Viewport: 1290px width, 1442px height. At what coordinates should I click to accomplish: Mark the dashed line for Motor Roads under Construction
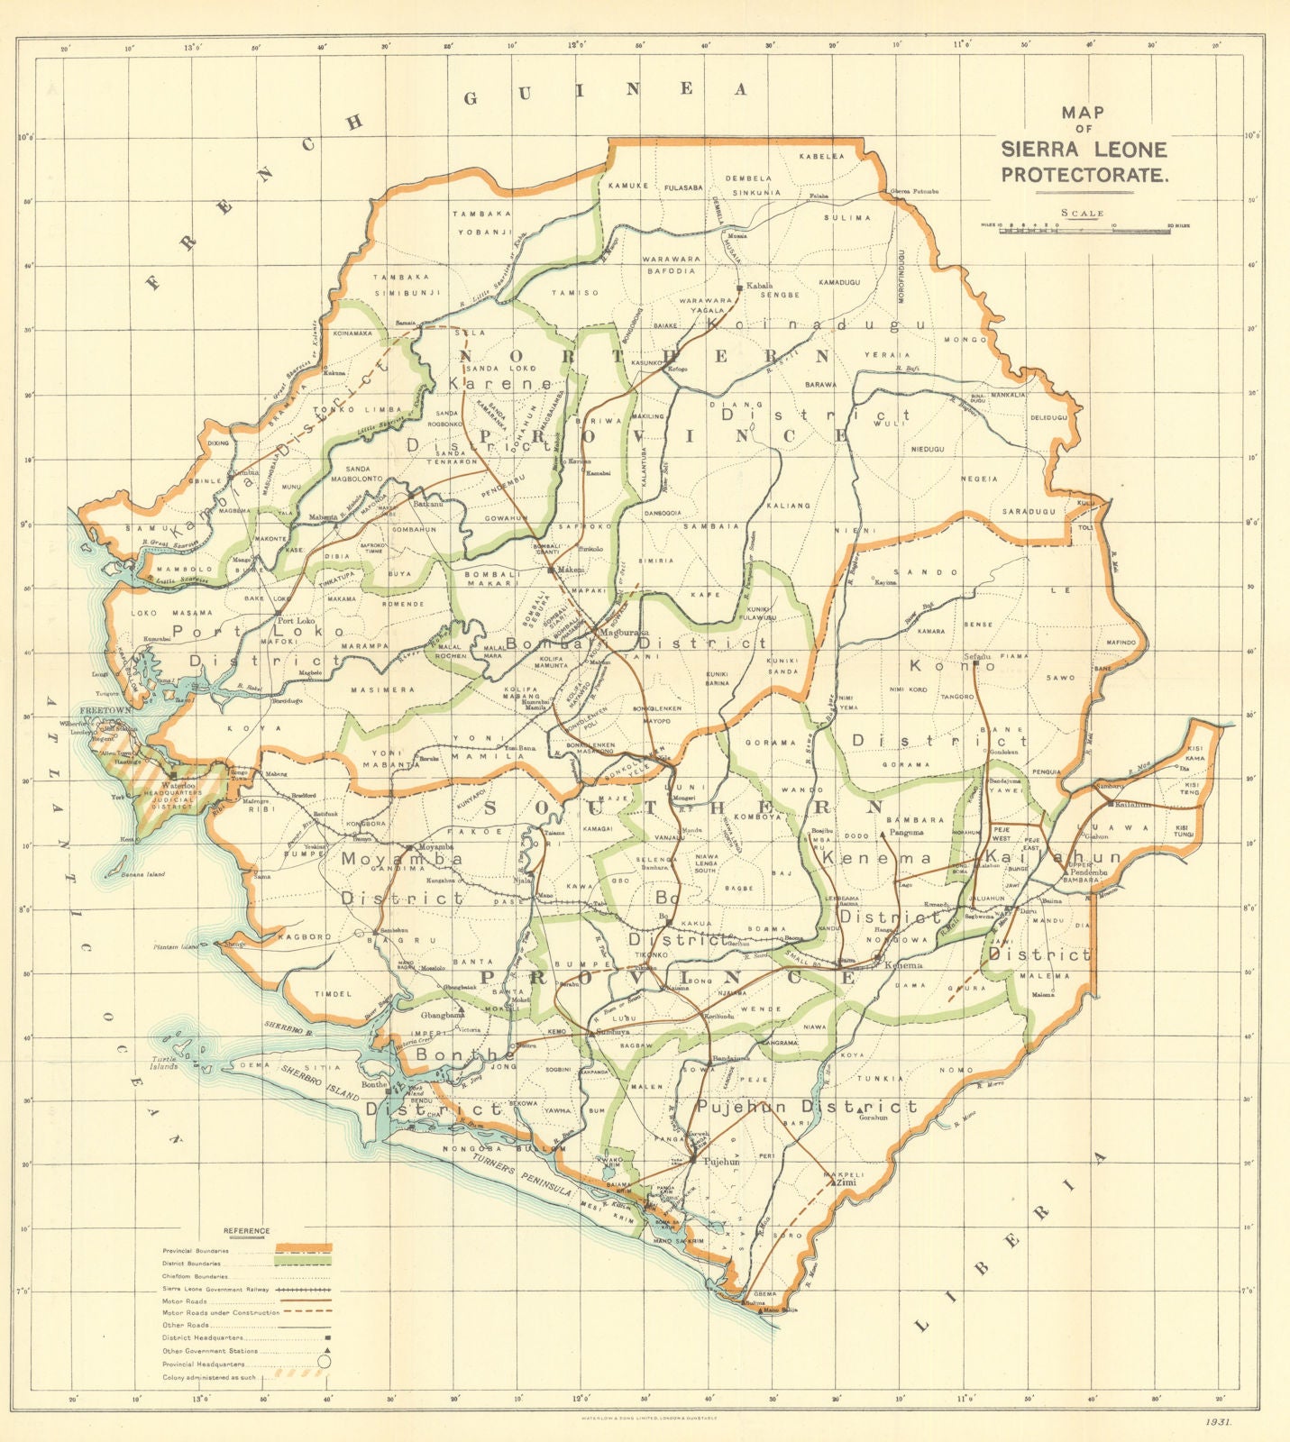pos(306,1311)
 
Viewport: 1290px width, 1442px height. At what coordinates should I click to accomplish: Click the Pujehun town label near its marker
pos(721,1163)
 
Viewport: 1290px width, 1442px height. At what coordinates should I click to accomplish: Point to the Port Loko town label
pos(298,621)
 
